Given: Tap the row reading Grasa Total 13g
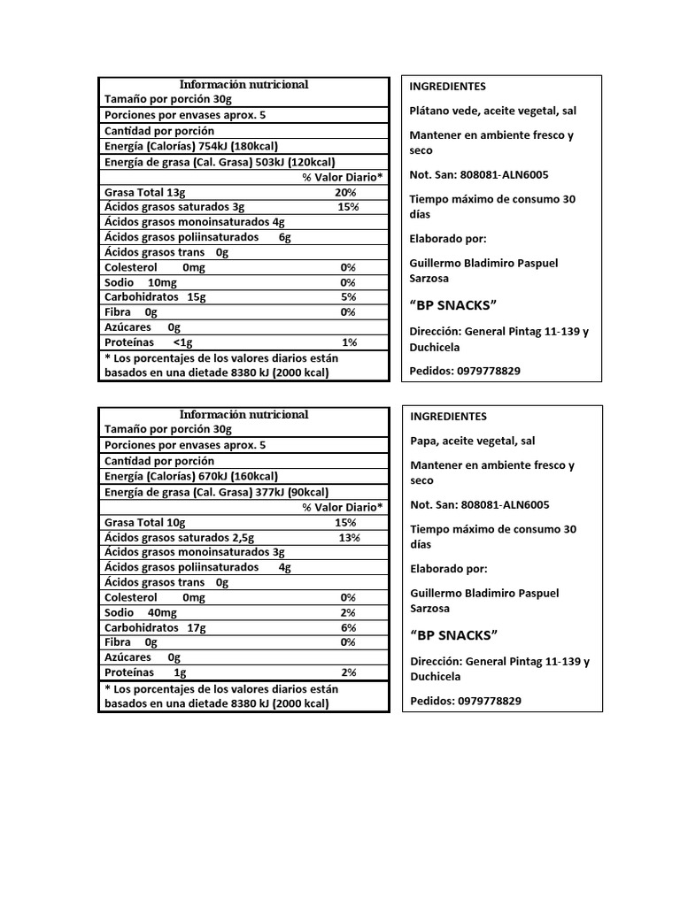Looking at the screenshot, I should coord(145,192).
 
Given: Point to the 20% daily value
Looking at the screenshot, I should coord(344,192).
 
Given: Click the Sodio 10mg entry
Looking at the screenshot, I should coord(141,282).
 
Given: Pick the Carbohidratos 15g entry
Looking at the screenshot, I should coord(155,297).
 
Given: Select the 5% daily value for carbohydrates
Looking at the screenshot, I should coord(348,297).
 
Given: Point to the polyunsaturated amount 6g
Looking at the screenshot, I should coord(284,237).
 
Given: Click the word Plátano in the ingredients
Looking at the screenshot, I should coord(431,111).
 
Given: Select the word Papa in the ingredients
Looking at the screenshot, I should coord(423,441).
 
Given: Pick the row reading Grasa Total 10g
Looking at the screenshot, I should coord(145,523).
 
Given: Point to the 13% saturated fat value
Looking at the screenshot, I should coord(349,538).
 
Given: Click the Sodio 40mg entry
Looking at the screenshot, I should coord(141,612).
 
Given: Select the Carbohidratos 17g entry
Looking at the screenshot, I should coord(155,627).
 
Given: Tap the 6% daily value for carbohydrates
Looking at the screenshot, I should coord(348,627).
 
